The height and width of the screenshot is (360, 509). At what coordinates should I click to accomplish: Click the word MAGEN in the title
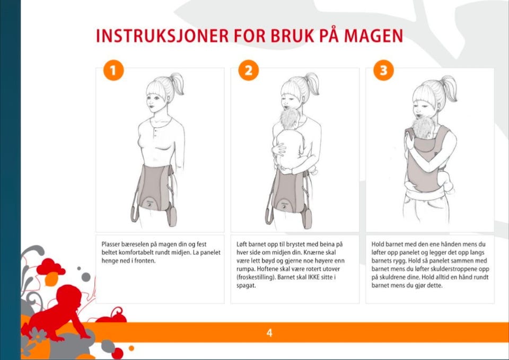(373, 36)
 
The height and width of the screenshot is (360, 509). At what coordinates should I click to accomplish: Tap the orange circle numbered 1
(113, 70)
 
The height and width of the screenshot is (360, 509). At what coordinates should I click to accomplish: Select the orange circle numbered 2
(248, 70)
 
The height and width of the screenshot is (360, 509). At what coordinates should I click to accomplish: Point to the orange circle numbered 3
(383, 70)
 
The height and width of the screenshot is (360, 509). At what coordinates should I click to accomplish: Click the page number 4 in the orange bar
(269, 333)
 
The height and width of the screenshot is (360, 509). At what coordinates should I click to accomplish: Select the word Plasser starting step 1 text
(111, 244)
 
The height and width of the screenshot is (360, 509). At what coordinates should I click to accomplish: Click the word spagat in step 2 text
(245, 286)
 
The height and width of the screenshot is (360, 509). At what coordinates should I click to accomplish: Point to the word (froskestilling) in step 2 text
(256, 277)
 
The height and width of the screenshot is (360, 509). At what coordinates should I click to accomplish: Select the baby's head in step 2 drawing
(290, 119)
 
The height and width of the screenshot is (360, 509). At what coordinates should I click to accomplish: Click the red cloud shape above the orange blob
(50, 267)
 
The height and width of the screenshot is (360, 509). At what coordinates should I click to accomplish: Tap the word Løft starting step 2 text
(241, 244)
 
